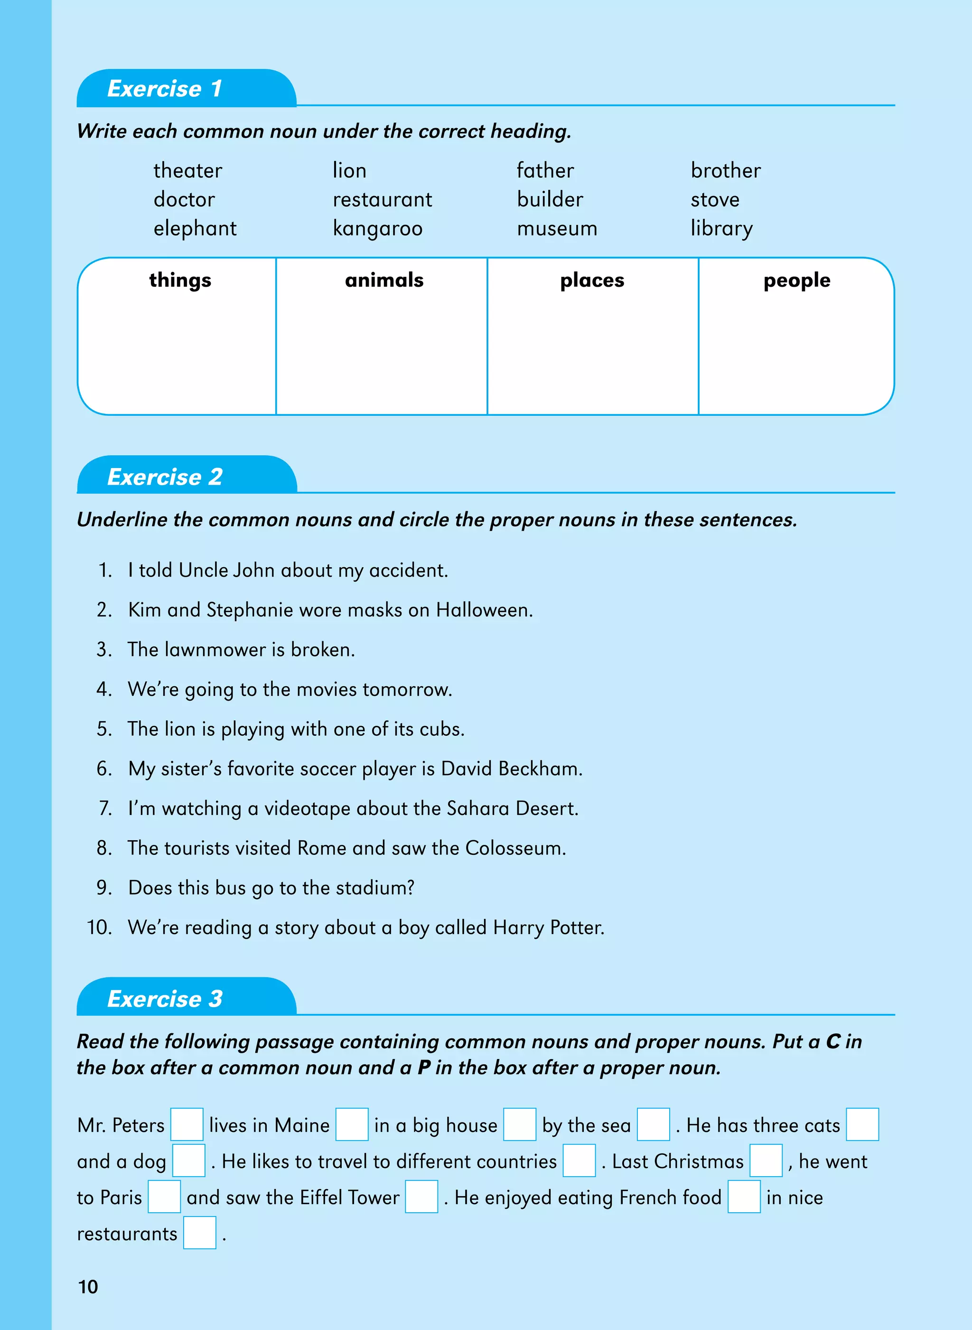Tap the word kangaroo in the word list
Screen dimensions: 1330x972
[377, 229]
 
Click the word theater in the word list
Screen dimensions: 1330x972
[187, 171]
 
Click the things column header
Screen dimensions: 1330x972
[180, 280]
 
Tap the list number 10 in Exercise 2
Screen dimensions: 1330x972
[99, 927]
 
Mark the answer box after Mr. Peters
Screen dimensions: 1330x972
[187, 1124]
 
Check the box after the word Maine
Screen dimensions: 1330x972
[352, 1124]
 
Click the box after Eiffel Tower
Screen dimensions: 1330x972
[421, 1197]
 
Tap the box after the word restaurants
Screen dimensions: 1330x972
[199, 1233]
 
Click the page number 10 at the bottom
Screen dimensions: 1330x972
[88, 1287]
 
